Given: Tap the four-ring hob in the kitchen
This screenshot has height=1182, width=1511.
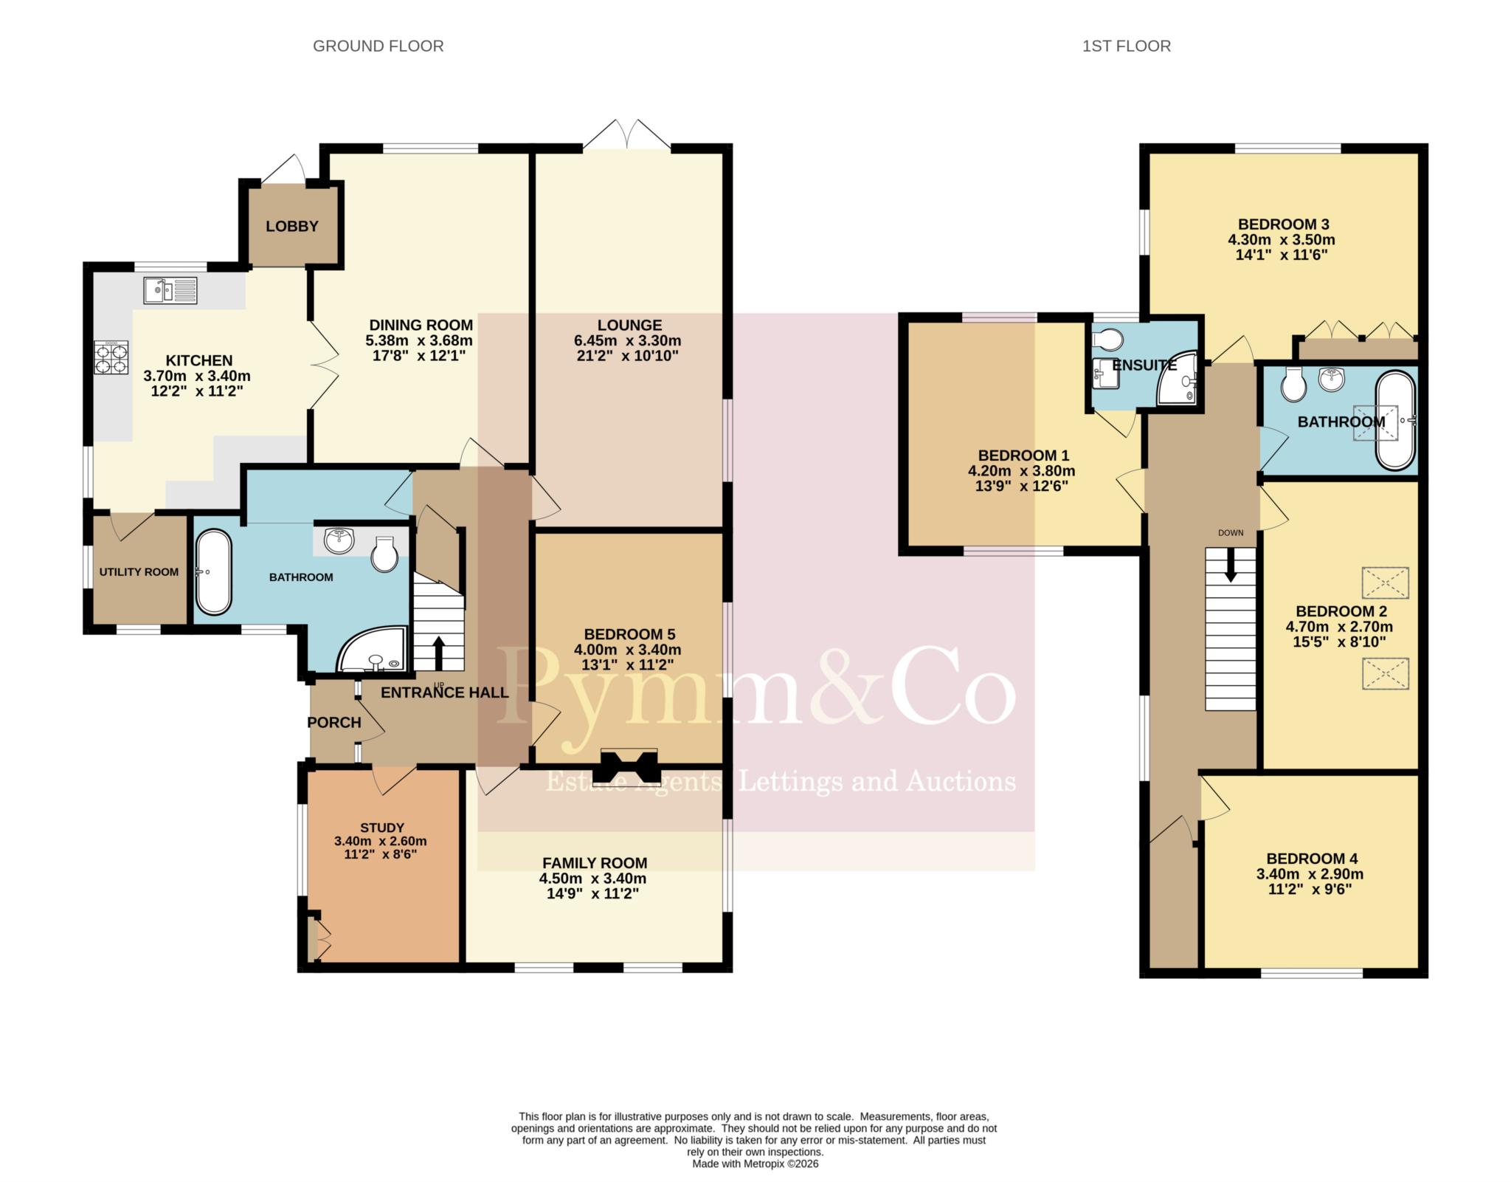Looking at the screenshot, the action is (111, 360).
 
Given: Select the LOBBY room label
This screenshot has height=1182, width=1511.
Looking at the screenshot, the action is (292, 226).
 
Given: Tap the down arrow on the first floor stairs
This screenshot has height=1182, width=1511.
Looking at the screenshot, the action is (1230, 565).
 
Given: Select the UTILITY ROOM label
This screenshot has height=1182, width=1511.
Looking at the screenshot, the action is (139, 571).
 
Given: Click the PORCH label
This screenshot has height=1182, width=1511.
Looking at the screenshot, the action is (334, 722).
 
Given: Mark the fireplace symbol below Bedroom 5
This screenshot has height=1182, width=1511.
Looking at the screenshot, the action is (629, 766).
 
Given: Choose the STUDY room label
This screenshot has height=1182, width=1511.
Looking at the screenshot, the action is (382, 828).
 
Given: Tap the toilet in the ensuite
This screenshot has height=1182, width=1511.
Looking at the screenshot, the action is (1109, 340).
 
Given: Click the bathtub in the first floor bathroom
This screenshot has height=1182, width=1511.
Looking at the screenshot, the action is (1396, 420).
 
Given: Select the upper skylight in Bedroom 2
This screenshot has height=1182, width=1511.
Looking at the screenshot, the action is (1385, 583).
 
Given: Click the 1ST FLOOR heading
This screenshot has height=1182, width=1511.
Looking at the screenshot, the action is (1127, 46).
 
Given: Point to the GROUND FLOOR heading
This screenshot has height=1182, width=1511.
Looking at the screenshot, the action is (378, 46).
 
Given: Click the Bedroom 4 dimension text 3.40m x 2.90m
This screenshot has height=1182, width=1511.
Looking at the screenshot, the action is (1310, 873).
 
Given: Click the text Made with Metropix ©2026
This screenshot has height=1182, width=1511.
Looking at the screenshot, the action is (755, 1164).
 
